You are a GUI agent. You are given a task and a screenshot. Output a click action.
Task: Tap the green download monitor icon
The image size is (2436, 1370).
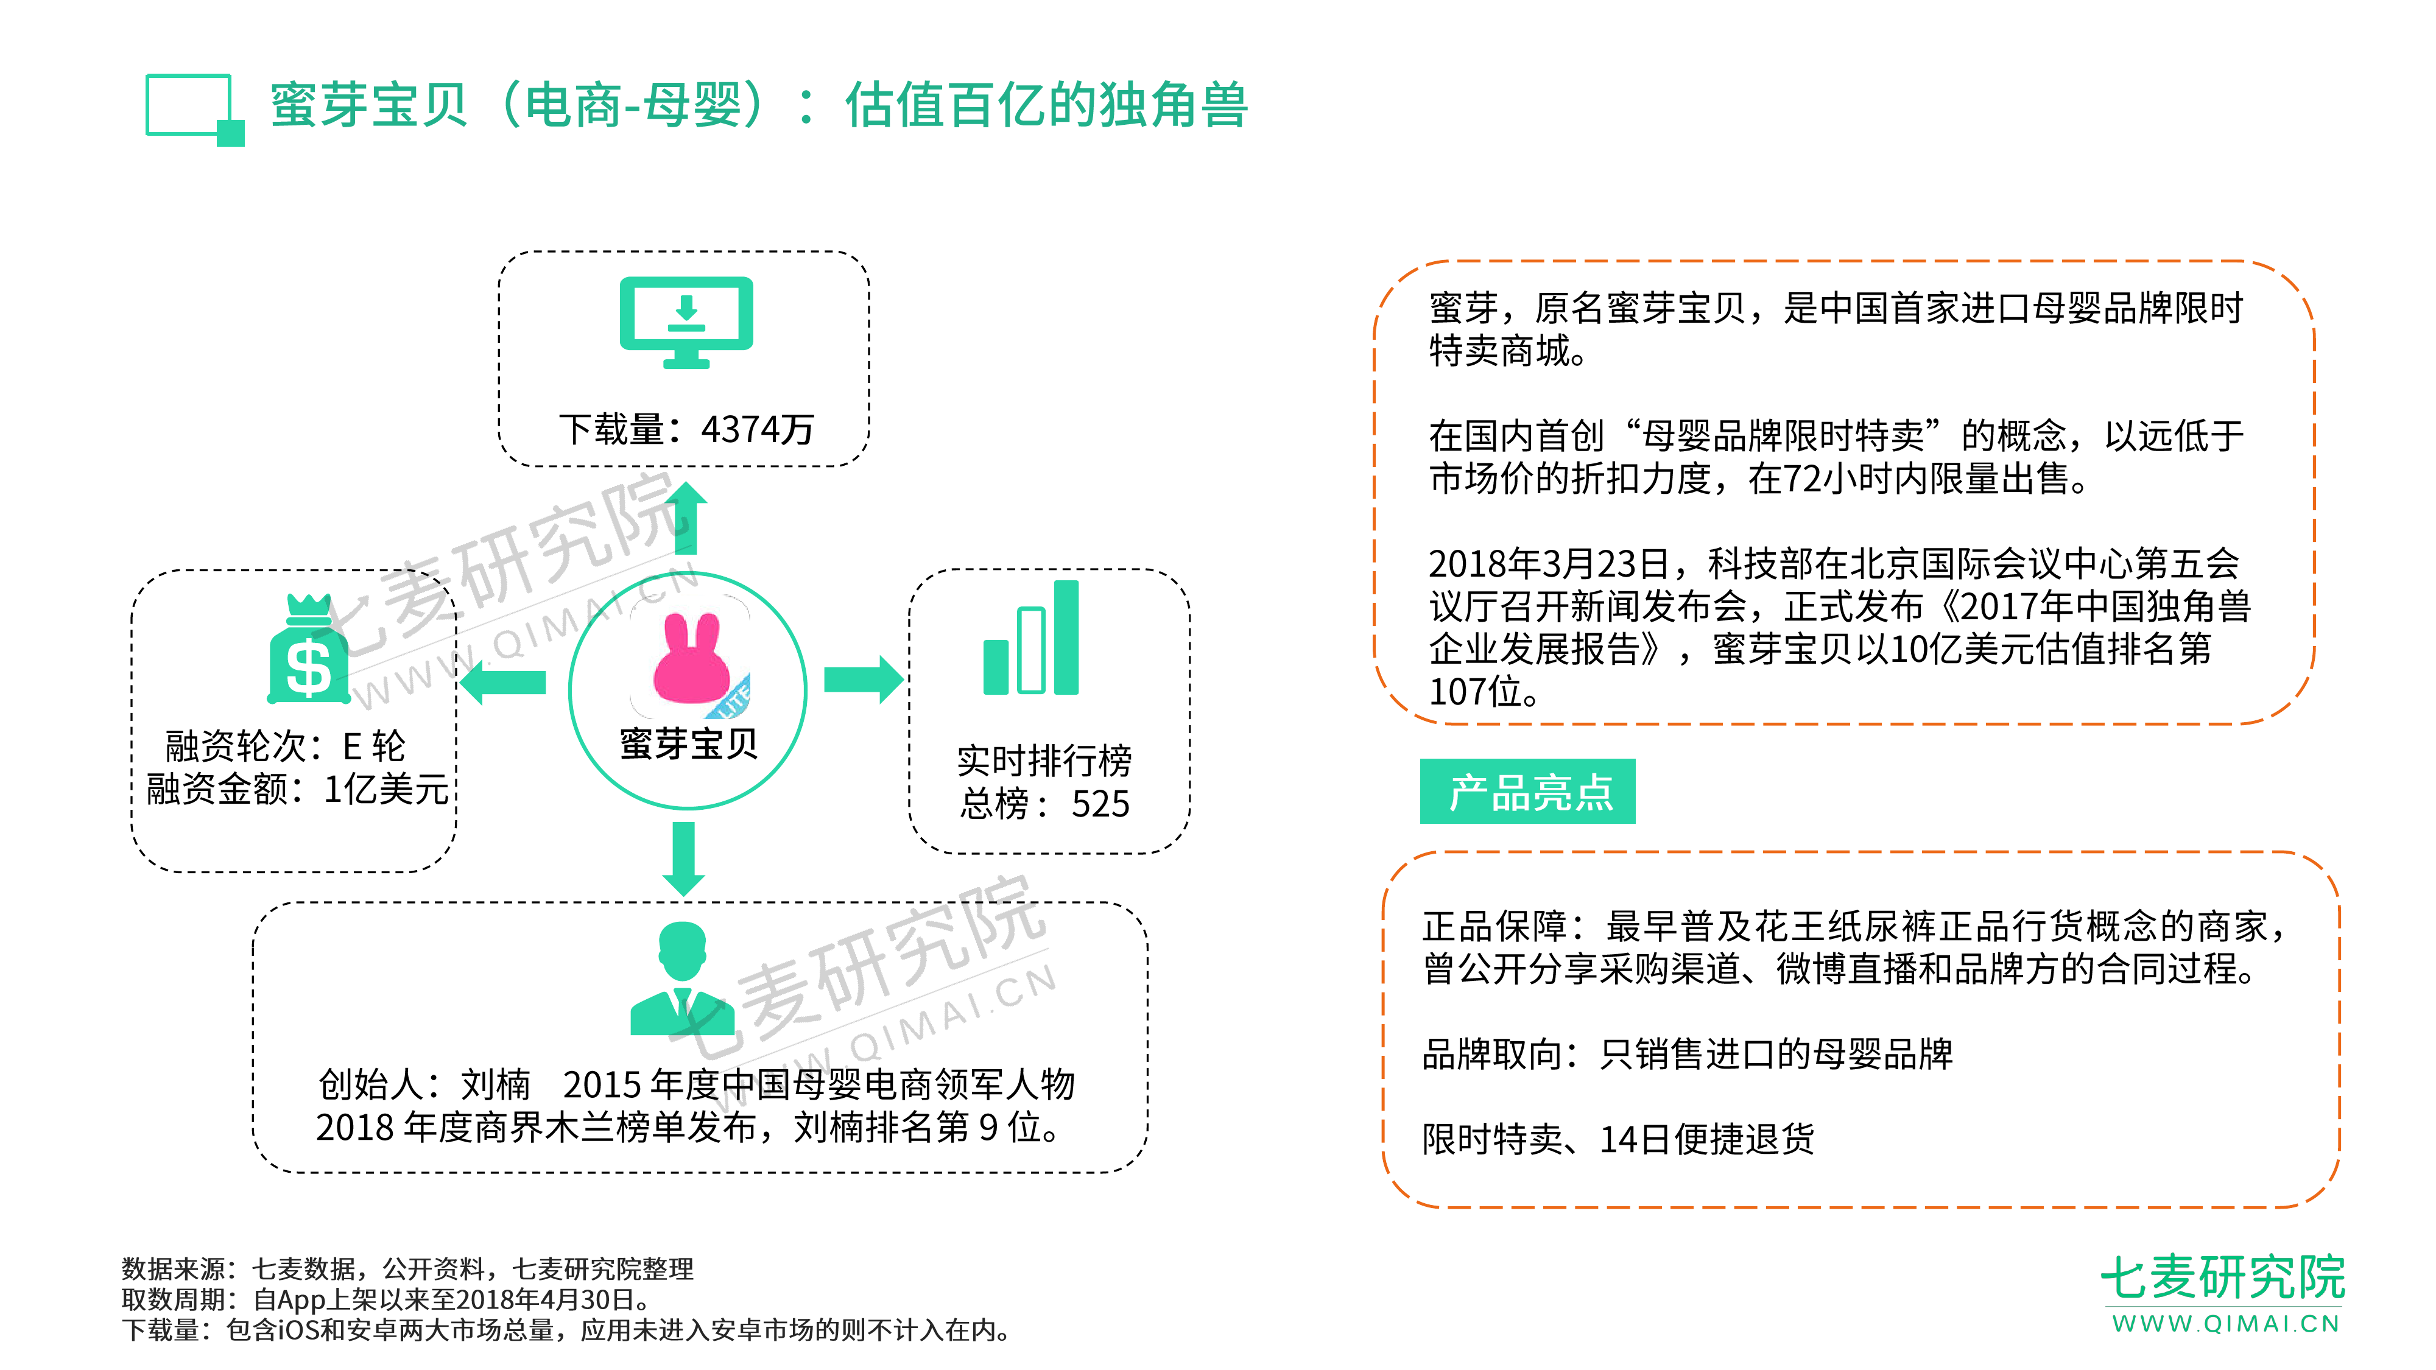[x=686, y=321]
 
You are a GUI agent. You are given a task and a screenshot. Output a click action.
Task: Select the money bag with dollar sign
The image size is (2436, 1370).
[x=308, y=652]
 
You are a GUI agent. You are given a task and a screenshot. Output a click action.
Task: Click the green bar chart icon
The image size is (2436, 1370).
[x=1031, y=639]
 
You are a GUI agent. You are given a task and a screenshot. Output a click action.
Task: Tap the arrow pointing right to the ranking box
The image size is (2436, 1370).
[x=862, y=680]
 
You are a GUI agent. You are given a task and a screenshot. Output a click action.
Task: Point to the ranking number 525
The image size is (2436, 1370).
[x=1100, y=804]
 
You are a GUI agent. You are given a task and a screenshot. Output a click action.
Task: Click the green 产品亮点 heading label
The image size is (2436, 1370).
[x=1527, y=792]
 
